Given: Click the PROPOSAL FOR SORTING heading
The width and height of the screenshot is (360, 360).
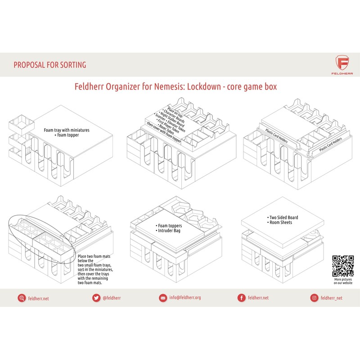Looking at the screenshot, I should click(49, 65).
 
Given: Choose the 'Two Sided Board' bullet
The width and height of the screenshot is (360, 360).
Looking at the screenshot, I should click(283, 217).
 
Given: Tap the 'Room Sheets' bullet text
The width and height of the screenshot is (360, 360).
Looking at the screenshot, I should click(281, 223).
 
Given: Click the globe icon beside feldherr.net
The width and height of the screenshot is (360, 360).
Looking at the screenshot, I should click(21, 297).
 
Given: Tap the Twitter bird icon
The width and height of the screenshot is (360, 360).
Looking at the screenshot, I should click(95, 297).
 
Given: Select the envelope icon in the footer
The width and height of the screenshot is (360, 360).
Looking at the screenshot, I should click(163, 297).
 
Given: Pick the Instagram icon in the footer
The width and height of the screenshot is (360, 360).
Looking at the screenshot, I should click(314, 297).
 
